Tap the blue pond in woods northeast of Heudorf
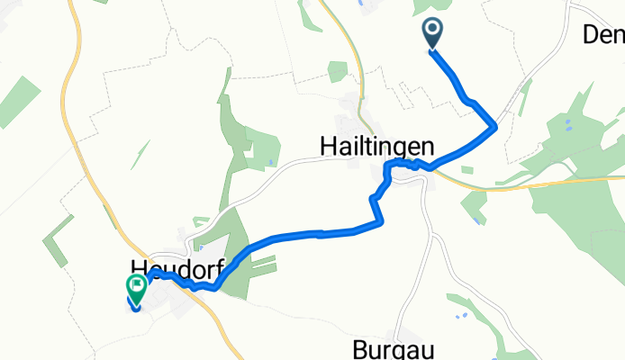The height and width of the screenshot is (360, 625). coord(269,163)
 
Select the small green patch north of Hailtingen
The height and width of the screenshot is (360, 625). coord(338,71)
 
